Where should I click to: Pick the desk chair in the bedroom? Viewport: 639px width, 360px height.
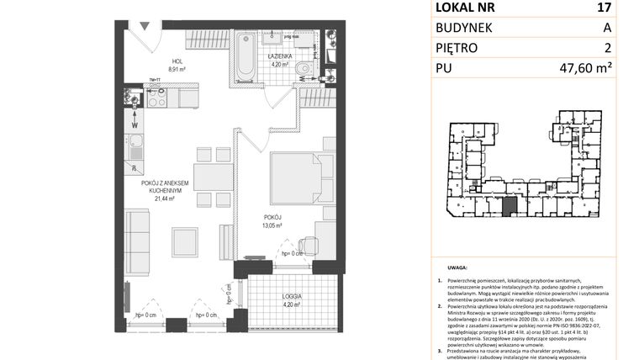pos(307,246)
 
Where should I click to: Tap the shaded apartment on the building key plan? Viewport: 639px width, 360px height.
pos(509,204)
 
